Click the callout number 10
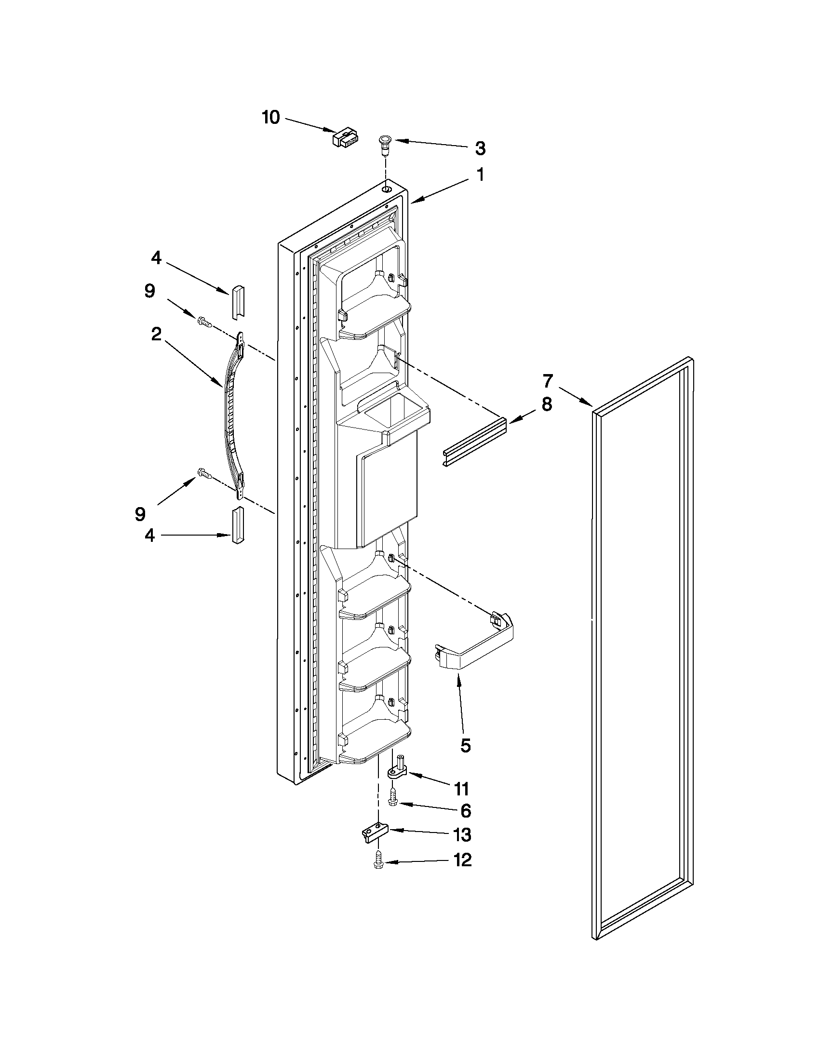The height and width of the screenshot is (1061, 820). click(271, 117)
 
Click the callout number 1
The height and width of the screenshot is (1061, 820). click(480, 175)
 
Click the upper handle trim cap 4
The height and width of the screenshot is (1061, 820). click(238, 303)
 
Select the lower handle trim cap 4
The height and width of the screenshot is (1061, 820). click(238, 525)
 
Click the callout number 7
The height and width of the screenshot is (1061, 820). click(548, 381)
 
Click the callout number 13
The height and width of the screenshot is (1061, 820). click(461, 835)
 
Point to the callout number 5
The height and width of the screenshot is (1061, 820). click(465, 746)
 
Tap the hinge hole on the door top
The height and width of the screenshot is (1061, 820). click(386, 188)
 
